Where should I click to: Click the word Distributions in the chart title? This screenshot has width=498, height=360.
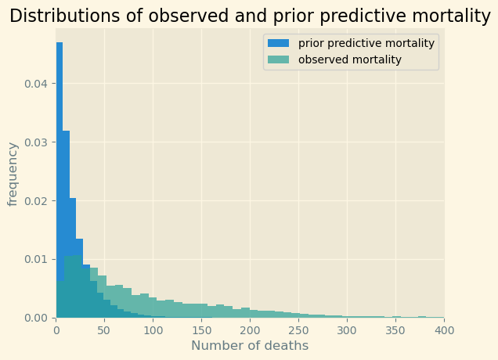click(x=59, y=16)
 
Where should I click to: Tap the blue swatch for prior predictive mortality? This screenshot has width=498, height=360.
click(x=280, y=43)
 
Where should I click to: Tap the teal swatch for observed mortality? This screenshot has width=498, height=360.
click(x=280, y=59)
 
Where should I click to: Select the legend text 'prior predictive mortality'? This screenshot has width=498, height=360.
click(x=366, y=43)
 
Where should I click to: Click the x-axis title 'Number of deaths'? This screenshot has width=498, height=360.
click(x=250, y=346)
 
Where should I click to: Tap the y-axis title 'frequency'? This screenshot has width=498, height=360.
click(x=13, y=174)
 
